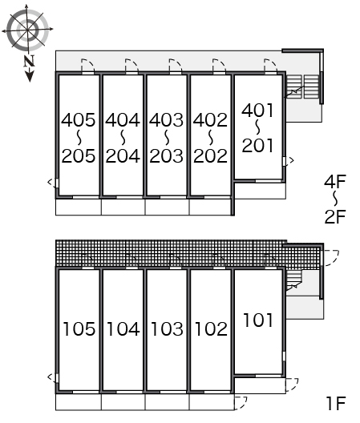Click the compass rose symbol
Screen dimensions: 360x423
coord(27,30)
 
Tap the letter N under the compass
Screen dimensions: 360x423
coord(29,61)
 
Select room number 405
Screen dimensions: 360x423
coord(79,120)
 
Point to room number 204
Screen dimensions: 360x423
coord(123,156)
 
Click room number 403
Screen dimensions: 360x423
coord(166,120)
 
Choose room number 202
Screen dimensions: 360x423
coord(210,156)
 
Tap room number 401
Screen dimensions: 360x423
coord(257,111)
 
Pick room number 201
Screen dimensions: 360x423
coord(257,146)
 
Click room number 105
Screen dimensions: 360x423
coord(79,328)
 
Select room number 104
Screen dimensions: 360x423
coord(123,328)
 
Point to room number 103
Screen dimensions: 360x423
coord(168,328)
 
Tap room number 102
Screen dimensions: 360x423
coord(211,328)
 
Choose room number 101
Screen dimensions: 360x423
coord(258,320)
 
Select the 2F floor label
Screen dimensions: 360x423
coord(335,216)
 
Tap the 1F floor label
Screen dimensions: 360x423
coord(337,404)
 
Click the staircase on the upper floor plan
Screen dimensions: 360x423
coord(302,87)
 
